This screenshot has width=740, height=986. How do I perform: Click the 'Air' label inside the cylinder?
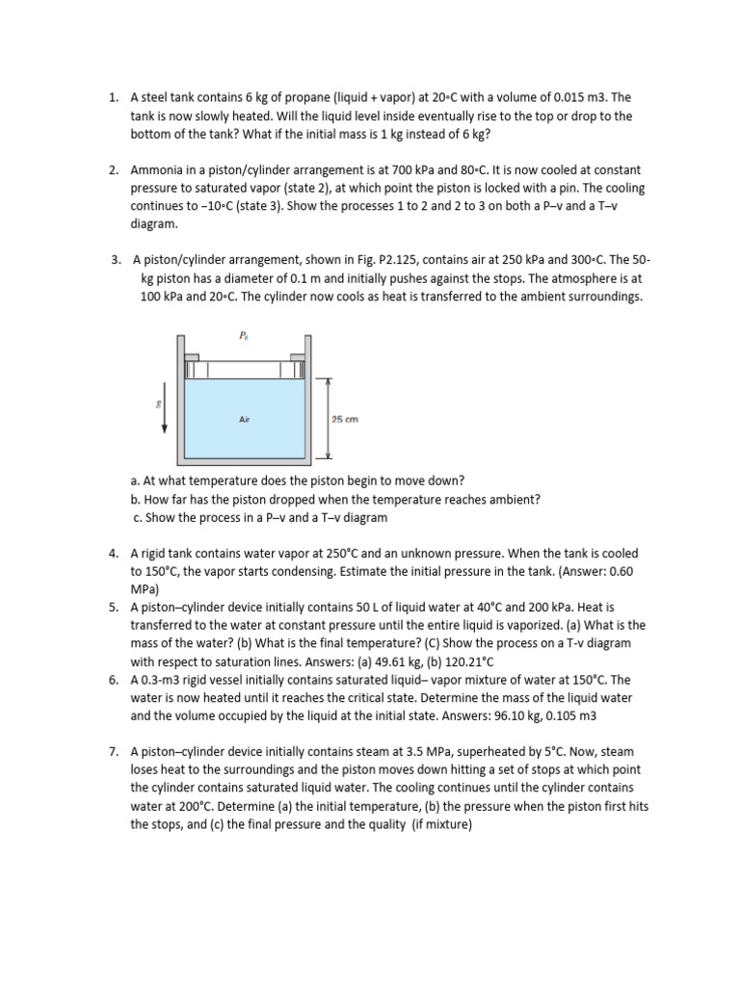tap(245, 420)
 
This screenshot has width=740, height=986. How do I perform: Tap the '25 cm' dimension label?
tap(345, 419)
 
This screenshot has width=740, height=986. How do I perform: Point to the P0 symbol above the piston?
tap(243, 336)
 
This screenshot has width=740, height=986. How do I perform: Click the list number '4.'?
tap(113, 554)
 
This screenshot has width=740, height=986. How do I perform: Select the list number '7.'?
tap(113, 752)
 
